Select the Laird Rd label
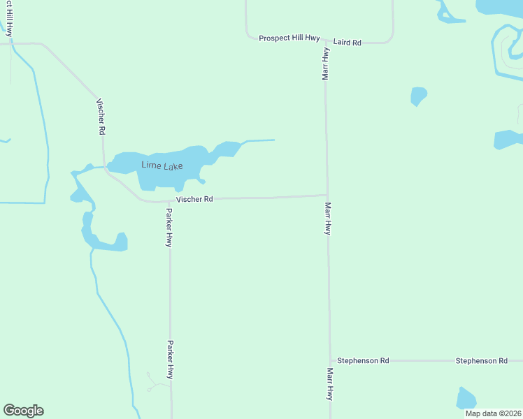(x=347, y=43)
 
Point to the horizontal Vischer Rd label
(x=194, y=199)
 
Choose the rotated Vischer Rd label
(x=101, y=116)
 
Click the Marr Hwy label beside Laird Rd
(x=326, y=64)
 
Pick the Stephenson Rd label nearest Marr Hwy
(x=363, y=360)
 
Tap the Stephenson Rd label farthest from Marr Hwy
(x=481, y=360)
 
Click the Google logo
(x=23, y=411)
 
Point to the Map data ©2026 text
(x=492, y=413)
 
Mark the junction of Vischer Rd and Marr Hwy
(x=327, y=196)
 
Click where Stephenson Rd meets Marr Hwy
(x=329, y=361)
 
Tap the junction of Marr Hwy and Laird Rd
(x=325, y=43)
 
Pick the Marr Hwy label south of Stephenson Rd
(x=329, y=383)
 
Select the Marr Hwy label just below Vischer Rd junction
(x=328, y=219)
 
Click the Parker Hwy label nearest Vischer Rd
(x=169, y=227)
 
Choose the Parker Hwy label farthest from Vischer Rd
(x=170, y=360)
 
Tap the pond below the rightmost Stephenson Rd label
(x=466, y=398)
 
